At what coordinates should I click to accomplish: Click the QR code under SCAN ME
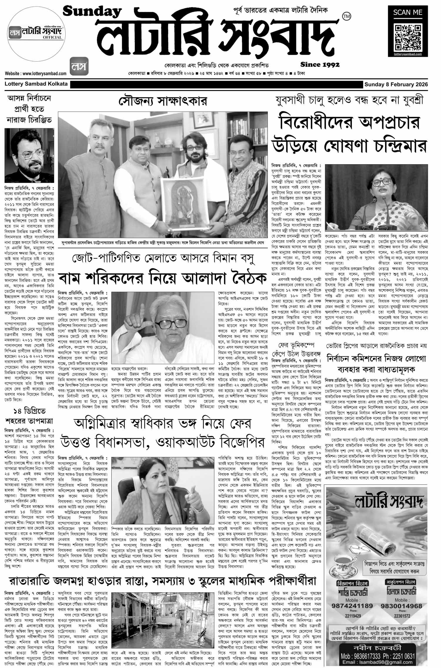coord(407,38)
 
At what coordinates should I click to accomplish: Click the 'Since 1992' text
coord(320,64)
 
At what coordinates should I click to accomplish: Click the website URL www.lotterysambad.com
coord(36,74)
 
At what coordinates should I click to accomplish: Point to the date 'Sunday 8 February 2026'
coord(396,84)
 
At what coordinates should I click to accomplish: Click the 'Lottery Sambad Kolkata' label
coord(36,84)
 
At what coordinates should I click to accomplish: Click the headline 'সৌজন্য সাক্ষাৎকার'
coord(163,102)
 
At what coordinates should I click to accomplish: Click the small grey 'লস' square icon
coord(79,66)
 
